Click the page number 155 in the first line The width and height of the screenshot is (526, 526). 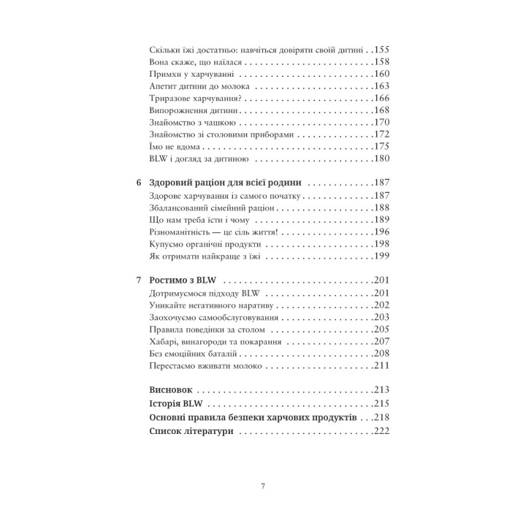(382, 48)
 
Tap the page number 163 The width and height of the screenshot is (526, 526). (382, 86)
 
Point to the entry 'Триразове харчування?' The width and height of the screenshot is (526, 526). (196, 99)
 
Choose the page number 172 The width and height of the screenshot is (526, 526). (382, 135)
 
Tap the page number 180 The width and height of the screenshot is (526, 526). (382, 159)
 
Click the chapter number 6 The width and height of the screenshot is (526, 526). (140, 184)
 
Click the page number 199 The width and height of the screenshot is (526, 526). (382, 257)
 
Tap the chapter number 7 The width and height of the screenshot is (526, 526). (140, 281)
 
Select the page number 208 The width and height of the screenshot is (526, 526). (382, 354)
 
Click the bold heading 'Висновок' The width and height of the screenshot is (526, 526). (171, 391)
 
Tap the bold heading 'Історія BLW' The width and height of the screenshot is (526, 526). (175, 404)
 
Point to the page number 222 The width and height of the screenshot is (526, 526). (382, 432)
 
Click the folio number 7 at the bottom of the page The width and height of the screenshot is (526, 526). (263, 486)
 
